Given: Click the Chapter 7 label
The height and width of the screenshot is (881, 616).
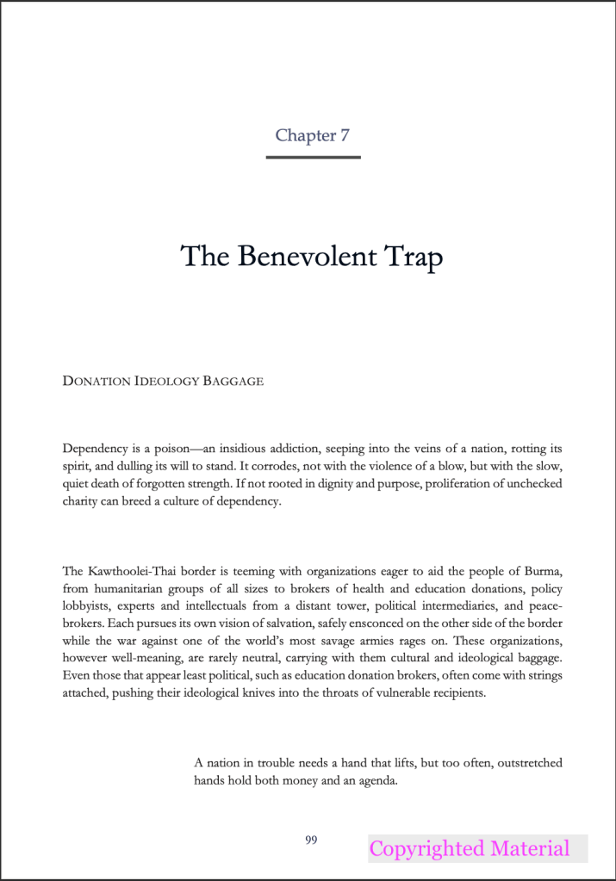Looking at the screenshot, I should coord(312,135).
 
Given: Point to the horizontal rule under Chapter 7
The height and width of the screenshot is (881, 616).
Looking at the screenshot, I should coord(313,158).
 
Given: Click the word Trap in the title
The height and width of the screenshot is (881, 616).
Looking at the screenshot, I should coord(411,257).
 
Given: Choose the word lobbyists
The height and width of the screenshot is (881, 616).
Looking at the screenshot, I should coord(88,605).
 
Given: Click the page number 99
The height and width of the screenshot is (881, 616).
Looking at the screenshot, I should coord(312,840).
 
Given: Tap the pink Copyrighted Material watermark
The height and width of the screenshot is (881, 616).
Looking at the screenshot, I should coord(470,848).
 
